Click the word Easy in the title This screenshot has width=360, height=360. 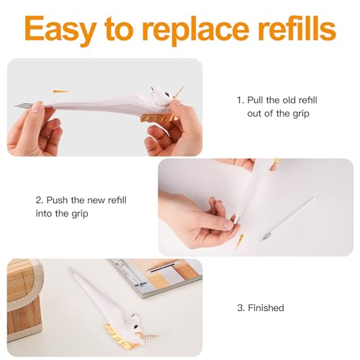point(60,29)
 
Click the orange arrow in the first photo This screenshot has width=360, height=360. point(60,91)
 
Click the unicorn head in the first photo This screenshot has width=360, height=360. point(161,95)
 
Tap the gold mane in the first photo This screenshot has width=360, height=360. point(159,118)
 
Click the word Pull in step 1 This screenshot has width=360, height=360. point(256,100)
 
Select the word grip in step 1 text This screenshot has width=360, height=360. point(301,114)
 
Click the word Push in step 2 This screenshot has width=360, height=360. point(57,200)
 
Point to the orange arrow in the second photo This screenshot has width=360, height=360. point(239,242)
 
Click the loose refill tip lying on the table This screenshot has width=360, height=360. point(266,235)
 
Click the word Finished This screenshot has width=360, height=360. point(266,307)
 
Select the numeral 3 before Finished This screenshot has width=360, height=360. point(240,307)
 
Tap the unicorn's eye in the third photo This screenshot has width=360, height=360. point(136,325)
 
